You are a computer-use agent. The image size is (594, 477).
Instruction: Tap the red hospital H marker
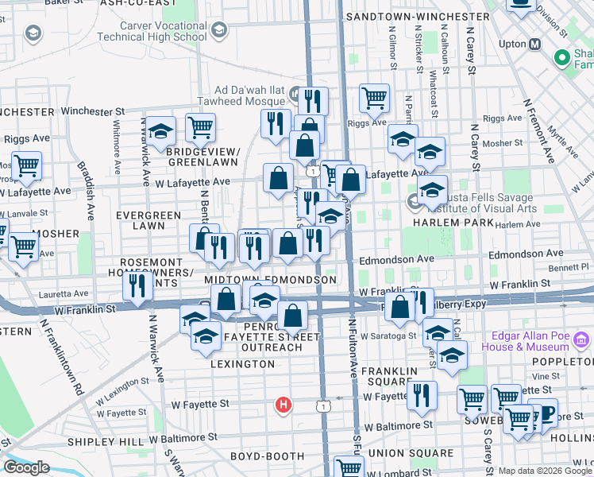pyautogui.click(x=283, y=405)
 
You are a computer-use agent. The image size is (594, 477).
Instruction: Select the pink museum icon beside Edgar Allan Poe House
pyautogui.click(x=581, y=341)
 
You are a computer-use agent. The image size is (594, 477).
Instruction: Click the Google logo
pyautogui.click(x=26, y=467)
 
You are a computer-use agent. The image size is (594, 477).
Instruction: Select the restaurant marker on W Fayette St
pyautogui.click(x=422, y=395)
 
